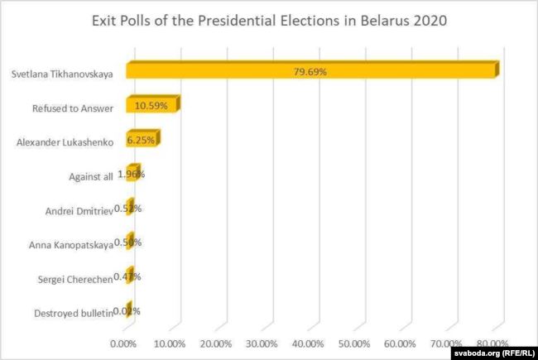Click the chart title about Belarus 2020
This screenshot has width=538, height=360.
(269, 22)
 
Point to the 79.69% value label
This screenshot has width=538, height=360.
(310, 72)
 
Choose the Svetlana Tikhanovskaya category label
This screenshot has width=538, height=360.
(63, 73)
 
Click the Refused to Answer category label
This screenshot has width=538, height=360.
(73, 108)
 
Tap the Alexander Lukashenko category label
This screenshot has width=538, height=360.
(65, 142)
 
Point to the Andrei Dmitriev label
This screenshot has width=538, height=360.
(77, 210)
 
